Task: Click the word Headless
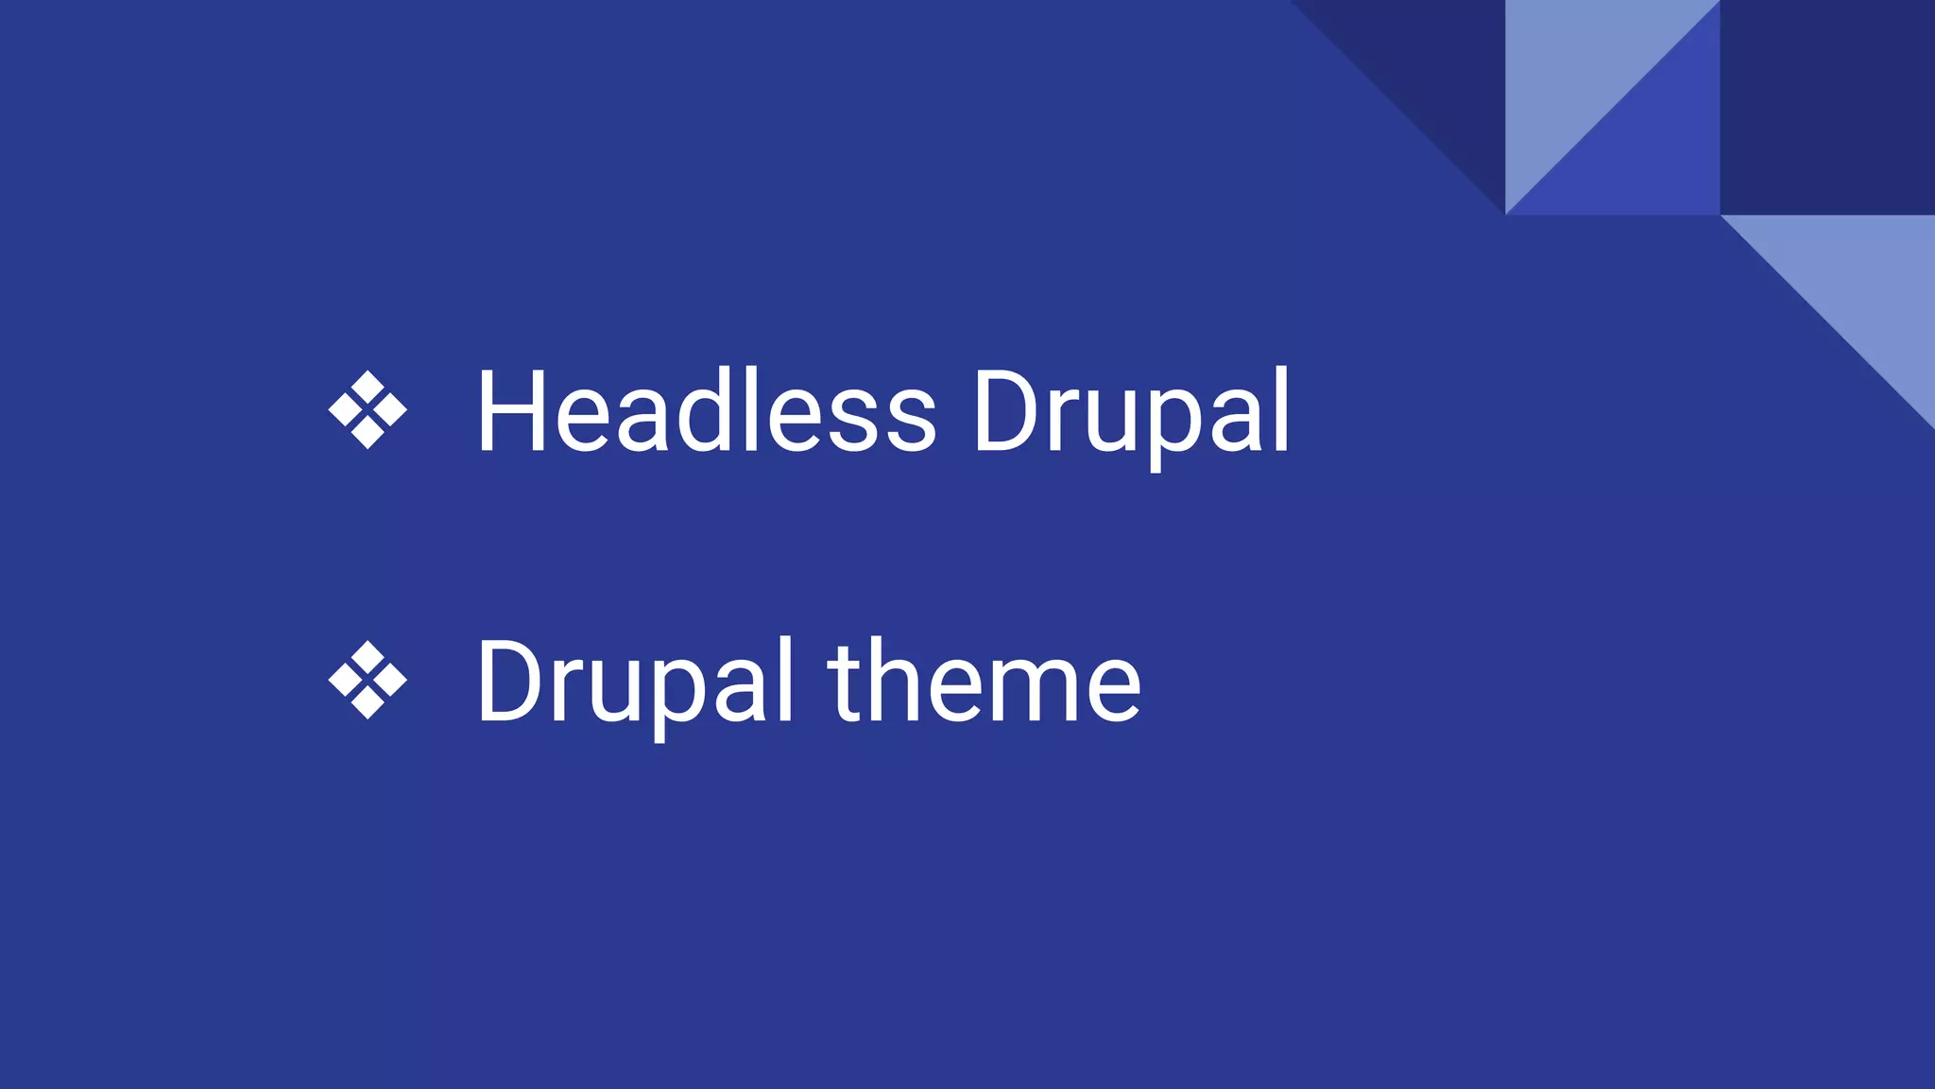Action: coord(707,412)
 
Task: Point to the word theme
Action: coord(985,681)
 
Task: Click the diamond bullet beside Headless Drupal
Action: coord(368,410)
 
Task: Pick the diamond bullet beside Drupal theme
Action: coord(368,681)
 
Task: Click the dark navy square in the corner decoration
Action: coord(1827,107)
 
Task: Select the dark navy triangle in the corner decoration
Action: coord(1436,66)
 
